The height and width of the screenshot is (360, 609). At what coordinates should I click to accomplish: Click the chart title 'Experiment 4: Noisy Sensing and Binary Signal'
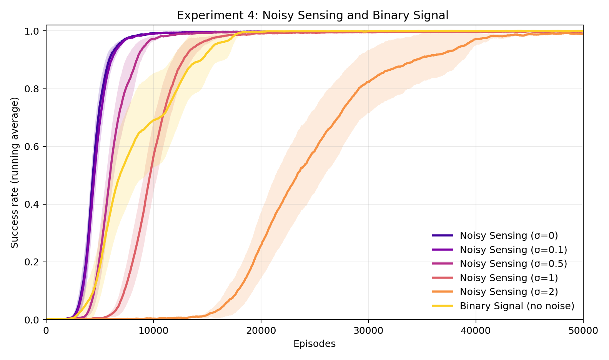click(x=313, y=15)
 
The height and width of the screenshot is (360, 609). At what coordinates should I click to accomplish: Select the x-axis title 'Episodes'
click(x=314, y=344)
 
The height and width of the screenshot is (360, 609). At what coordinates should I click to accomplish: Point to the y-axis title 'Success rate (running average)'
click(x=15, y=173)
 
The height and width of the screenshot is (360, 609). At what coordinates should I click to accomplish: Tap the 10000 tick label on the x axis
click(x=153, y=331)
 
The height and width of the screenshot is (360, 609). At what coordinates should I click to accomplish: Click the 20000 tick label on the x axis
click(x=261, y=331)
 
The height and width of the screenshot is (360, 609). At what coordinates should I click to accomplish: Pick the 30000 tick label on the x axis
click(x=368, y=331)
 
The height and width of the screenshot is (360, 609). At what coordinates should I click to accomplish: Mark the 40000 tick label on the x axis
click(x=476, y=331)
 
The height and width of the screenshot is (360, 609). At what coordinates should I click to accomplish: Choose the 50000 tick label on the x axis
click(x=583, y=331)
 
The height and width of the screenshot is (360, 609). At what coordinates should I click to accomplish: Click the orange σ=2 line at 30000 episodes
click(x=368, y=82)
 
